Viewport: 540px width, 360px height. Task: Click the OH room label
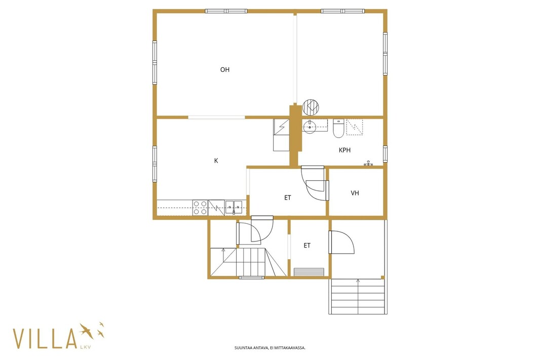pos(225,70)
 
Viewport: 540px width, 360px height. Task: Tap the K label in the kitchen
pos(216,161)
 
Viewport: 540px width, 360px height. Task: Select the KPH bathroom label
pos(345,150)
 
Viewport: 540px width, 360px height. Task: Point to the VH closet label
pos(355,193)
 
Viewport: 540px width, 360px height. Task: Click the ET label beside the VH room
pos(288,197)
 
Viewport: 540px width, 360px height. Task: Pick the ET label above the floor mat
pos(307,246)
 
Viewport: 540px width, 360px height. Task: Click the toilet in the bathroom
pos(338,128)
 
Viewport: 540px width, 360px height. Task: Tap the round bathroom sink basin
pos(310,127)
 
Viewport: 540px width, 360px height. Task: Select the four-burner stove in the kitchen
pos(200,208)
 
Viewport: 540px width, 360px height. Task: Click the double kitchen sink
pos(234,207)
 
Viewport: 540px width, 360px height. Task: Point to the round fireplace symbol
pos(311,107)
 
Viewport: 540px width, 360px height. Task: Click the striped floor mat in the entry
pos(309,272)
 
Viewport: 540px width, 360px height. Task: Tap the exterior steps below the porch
pos(358,296)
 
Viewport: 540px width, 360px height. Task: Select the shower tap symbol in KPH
pos(368,164)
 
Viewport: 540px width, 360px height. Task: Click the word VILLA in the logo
pos(45,339)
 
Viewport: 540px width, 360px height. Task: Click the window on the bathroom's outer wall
pos(385,154)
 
